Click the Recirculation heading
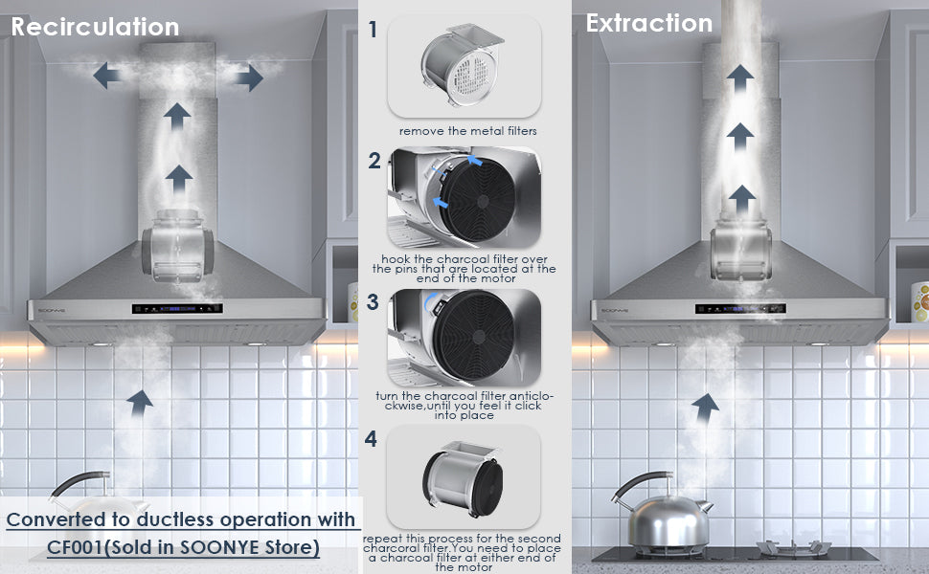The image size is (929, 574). pos(95,27)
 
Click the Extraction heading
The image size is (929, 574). pos(648,24)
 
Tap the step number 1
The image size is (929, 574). pos(373,29)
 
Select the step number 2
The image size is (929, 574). pos(374,161)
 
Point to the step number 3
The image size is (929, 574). pos(372,301)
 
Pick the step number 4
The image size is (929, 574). pos(371,438)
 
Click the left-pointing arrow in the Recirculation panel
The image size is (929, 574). pos(106,76)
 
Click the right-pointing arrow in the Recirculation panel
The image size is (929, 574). pos(249,77)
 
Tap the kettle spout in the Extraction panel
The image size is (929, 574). pos(705,506)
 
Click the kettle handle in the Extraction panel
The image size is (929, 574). pos(637,483)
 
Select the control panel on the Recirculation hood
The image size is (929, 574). pos(177,308)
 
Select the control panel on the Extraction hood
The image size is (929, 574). pos(740,308)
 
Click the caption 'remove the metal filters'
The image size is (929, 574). pos(467,131)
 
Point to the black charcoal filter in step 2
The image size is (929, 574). pos(478,201)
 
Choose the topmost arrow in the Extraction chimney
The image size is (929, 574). pos(740,78)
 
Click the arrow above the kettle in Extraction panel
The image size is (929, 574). pos(705,408)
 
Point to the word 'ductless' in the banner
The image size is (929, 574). pos(174,519)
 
